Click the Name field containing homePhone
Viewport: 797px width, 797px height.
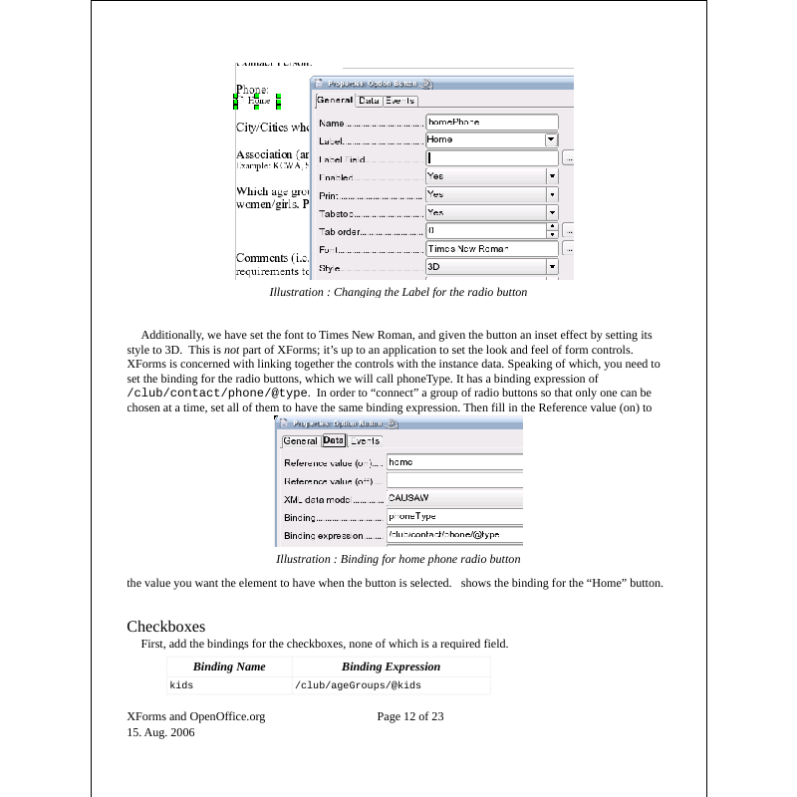click(x=491, y=123)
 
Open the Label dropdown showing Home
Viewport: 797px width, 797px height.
click(x=491, y=140)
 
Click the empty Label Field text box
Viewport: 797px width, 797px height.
click(x=491, y=158)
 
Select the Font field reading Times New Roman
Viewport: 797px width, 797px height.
click(x=491, y=248)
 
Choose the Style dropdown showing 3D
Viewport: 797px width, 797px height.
click(x=491, y=267)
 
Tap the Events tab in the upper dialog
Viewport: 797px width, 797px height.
click(x=400, y=101)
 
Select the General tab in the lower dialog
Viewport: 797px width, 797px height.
click(x=300, y=440)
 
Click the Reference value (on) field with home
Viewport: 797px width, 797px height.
click(x=453, y=462)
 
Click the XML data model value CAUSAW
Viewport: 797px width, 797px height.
click(x=453, y=497)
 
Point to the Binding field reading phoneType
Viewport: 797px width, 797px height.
click(x=453, y=516)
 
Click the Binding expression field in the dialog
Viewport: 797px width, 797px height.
click(x=453, y=534)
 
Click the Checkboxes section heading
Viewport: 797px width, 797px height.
click(x=165, y=627)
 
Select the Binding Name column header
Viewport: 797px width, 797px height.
click(x=229, y=666)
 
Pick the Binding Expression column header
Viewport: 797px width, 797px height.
click(x=391, y=666)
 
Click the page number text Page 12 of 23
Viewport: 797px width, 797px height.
click(x=410, y=716)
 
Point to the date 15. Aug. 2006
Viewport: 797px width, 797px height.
click(x=160, y=732)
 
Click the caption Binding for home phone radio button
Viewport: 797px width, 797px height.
click(x=398, y=559)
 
